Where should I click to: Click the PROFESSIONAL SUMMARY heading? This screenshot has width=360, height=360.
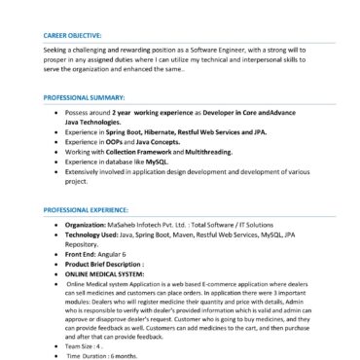[84, 98]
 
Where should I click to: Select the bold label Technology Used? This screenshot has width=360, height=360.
[98, 235]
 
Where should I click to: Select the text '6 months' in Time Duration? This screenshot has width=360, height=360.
[131, 355]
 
